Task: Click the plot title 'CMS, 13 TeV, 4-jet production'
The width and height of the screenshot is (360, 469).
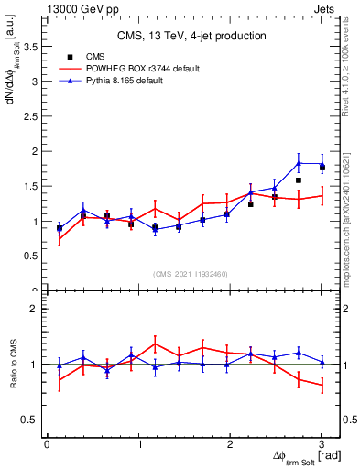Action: (192, 37)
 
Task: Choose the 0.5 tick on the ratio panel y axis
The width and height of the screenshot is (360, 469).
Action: (34, 420)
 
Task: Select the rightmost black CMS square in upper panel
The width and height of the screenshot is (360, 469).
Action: (322, 167)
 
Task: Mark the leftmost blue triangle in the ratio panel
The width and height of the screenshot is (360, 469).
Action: (60, 365)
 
